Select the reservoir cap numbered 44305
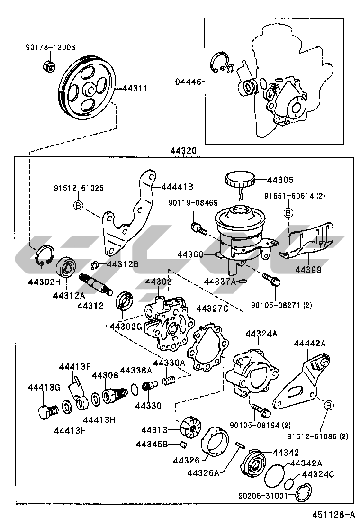(240, 181)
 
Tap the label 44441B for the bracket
(178, 186)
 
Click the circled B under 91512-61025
(79, 205)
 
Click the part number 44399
(308, 270)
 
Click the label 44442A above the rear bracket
(310, 344)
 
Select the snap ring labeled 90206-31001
(302, 494)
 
